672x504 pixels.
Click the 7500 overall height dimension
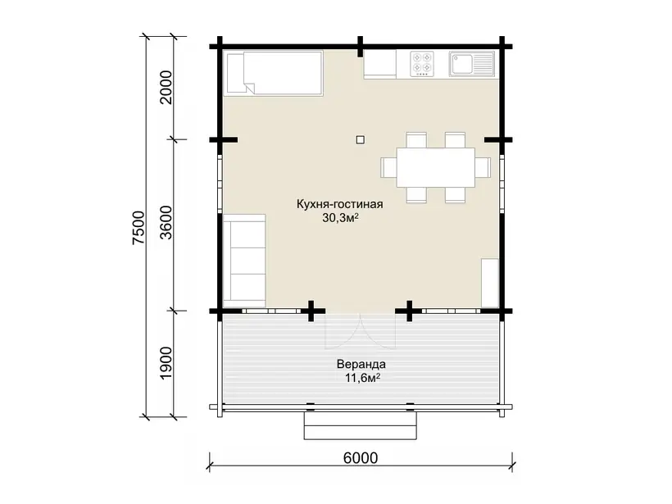[139, 228]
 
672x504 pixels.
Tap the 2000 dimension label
[166, 88]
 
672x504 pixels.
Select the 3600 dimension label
[166, 222]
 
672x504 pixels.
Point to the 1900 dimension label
[166, 363]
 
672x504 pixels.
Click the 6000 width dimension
[361, 458]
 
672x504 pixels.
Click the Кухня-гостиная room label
[340, 204]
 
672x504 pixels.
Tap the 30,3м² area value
[340, 218]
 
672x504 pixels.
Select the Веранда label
[361, 365]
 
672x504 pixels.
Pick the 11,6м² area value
[362, 378]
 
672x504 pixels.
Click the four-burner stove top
[422, 64]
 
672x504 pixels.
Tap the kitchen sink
[472, 64]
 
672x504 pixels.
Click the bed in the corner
[274, 72]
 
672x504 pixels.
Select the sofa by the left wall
[244, 261]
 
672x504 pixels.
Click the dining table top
[435, 167]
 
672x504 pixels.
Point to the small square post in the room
[361, 139]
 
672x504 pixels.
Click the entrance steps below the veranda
[361, 425]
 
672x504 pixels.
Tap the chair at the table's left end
[388, 167]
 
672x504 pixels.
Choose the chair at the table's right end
[483, 167]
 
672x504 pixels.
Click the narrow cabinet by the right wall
[490, 283]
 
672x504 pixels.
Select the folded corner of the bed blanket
[250, 88]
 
